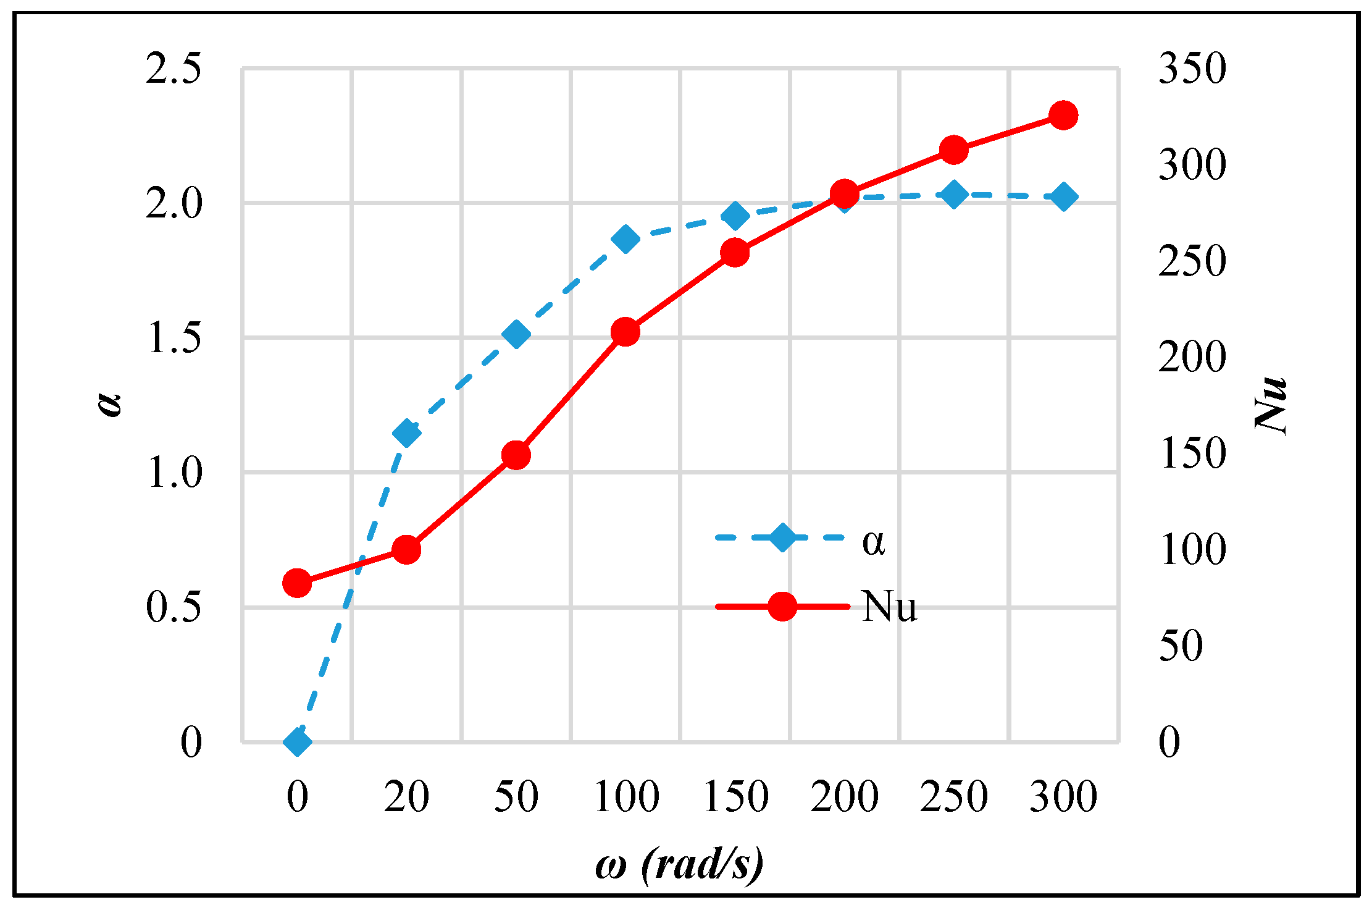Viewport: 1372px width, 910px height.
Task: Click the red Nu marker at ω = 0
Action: point(297,583)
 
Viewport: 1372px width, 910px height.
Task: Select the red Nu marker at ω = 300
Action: point(1063,116)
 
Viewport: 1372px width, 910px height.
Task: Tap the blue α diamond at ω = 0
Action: point(297,741)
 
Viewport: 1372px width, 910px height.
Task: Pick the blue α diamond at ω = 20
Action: point(406,432)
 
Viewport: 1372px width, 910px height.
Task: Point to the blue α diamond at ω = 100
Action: point(625,238)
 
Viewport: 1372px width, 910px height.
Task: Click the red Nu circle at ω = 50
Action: point(516,455)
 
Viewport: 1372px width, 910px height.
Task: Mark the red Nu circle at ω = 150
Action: point(735,253)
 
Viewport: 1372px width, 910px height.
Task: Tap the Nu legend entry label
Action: point(889,607)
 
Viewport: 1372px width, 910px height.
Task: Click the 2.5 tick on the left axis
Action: point(174,68)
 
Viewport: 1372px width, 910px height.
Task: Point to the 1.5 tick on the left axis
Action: point(174,338)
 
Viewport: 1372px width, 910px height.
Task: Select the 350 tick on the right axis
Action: point(1192,68)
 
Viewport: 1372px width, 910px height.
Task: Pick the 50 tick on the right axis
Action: point(1181,646)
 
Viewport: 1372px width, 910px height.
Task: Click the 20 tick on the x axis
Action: point(406,796)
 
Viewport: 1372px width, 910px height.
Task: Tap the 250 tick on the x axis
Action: point(954,796)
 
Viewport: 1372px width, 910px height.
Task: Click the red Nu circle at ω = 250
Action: point(954,150)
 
